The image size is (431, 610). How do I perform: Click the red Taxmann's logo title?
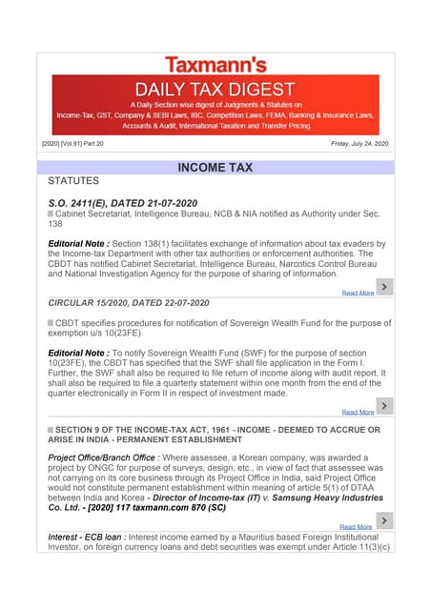click(x=215, y=64)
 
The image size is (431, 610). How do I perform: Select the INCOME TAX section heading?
click(x=215, y=168)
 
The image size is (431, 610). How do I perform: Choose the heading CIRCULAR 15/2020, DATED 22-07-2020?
click(x=129, y=302)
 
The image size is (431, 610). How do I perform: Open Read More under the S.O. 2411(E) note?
click(x=358, y=293)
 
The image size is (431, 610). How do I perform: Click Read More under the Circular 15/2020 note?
click(x=358, y=412)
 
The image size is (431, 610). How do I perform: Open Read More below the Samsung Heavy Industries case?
click(x=356, y=526)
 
